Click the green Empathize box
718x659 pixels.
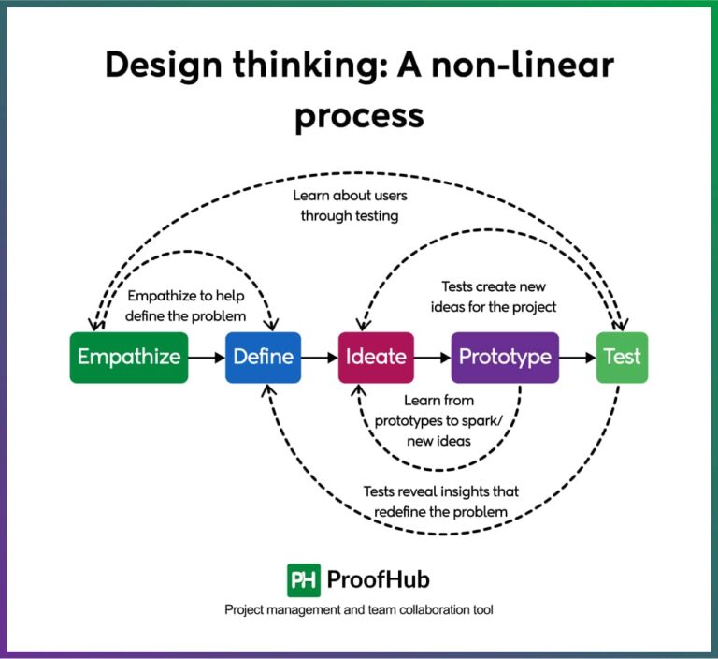[129, 357]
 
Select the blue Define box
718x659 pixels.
[263, 357]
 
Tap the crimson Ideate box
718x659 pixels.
[376, 357]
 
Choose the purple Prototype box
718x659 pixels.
[505, 357]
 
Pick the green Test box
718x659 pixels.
[622, 357]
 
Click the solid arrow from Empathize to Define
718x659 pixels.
[206, 357]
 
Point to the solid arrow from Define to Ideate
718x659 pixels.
[320, 357]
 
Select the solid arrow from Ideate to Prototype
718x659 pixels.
[432, 357]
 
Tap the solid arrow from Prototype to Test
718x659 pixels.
[578, 357]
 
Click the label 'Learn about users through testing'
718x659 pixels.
[350, 206]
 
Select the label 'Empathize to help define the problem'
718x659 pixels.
[187, 306]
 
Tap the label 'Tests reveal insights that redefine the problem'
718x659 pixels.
[440, 501]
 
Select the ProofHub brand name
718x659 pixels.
[379, 579]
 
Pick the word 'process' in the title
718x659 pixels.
[359, 115]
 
